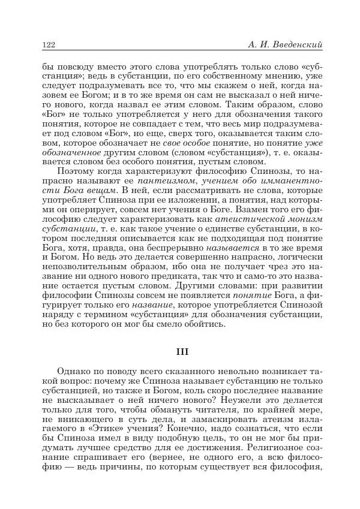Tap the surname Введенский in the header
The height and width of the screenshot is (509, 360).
coord(298,44)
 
